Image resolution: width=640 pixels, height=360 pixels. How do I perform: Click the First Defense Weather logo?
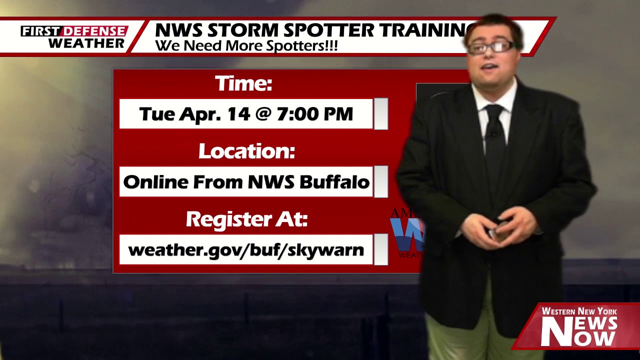pos(74,37)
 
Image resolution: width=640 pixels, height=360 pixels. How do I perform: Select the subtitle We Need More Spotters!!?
pos(246,46)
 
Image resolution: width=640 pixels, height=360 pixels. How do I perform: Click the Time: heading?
pos(243,83)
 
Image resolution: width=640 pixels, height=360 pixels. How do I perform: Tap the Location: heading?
pos(246,151)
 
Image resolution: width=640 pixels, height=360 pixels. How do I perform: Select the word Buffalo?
pos(334,182)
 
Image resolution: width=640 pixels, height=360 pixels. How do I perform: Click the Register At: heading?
pos(246,219)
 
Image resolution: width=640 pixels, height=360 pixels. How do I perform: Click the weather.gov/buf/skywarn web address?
pos(246,249)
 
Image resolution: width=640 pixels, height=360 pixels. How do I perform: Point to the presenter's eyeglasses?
pos(492,47)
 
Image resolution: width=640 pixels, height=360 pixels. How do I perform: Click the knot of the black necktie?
pos(494,111)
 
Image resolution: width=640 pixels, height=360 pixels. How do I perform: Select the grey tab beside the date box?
pos(381,114)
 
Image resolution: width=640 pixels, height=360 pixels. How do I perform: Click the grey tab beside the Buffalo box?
pos(381,182)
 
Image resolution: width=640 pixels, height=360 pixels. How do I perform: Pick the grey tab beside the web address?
pos(381,249)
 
